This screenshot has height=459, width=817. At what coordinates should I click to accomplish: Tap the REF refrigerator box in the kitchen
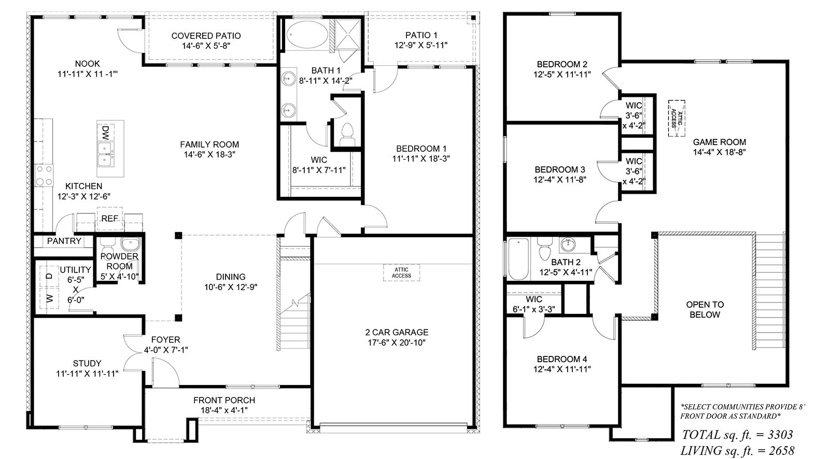(x=109, y=219)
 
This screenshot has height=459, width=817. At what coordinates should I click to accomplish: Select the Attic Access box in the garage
(x=401, y=273)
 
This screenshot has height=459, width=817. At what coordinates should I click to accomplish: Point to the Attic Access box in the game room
(x=677, y=118)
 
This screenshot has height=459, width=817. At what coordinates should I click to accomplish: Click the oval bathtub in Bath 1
(x=307, y=35)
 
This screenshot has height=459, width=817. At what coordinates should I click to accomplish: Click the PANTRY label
(x=64, y=241)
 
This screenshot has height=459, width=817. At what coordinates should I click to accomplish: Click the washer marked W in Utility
(x=50, y=298)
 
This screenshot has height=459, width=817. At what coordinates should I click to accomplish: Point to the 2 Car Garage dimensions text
(x=397, y=342)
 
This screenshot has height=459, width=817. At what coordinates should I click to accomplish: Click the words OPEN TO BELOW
(x=705, y=309)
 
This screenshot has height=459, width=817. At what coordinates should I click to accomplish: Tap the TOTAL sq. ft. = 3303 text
(x=737, y=434)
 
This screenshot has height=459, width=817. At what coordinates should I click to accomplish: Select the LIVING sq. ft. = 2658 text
(x=737, y=451)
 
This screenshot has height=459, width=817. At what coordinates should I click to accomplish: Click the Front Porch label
(x=224, y=400)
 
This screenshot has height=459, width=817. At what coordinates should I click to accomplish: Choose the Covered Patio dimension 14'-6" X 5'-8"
(x=206, y=46)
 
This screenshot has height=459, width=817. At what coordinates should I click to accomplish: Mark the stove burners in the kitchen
(x=44, y=175)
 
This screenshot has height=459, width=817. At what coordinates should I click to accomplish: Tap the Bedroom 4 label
(x=562, y=359)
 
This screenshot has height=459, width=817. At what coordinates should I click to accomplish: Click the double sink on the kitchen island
(x=106, y=154)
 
